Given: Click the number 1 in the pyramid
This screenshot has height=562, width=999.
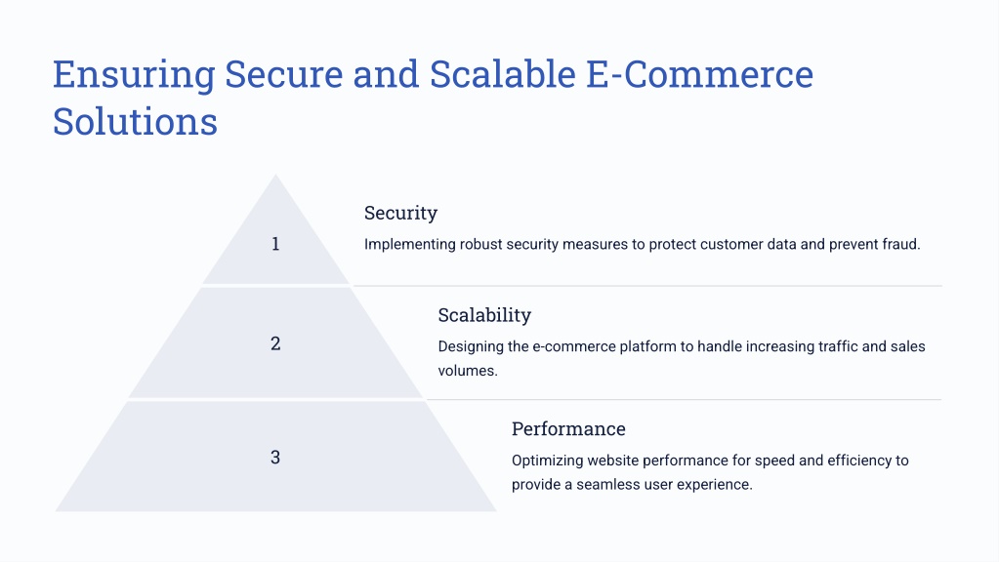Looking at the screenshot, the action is pyautogui.click(x=275, y=244).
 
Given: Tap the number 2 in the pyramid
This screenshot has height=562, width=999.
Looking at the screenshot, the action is pyautogui.click(x=275, y=343).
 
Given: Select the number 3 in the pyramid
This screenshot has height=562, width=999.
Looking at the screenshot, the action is pyautogui.click(x=275, y=457).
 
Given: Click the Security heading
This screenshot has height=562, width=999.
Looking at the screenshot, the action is pyautogui.click(x=400, y=214).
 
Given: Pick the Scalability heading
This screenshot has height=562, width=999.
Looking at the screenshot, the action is pyautogui.click(x=484, y=315).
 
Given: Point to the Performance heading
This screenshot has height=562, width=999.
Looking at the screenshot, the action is pyautogui.click(x=568, y=429).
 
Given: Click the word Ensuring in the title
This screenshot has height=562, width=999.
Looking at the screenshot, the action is pyautogui.click(x=134, y=75).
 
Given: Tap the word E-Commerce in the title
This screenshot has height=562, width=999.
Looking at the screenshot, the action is pyautogui.click(x=699, y=74).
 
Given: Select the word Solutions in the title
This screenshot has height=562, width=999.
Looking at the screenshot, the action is pyautogui.click(x=135, y=121).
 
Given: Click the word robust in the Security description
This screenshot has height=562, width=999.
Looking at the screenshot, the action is pyautogui.click(x=481, y=244).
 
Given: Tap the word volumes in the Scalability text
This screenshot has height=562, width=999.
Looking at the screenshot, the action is pyautogui.click(x=468, y=371).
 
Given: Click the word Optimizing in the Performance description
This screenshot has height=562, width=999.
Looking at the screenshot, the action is pyautogui.click(x=547, y=461).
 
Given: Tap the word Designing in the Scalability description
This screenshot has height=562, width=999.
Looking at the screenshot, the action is pyautogui.click(x=470, y=347).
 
